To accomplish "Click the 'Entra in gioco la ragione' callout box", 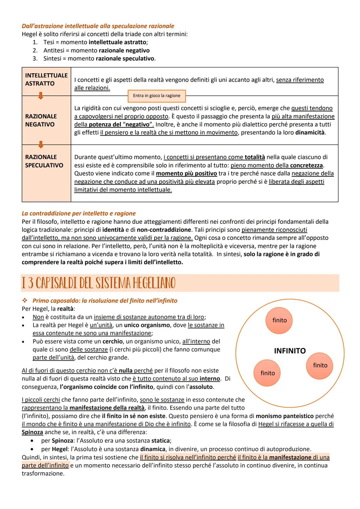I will tap(157, 96).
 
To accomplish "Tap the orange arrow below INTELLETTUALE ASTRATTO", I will tap(40, 96).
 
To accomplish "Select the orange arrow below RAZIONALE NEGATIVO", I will tap(40, 145).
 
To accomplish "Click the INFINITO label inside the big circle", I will tap(290, 351).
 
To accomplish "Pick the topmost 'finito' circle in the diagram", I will tap(279, 320).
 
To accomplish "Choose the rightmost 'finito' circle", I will tap(320, 366).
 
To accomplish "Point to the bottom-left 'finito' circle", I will tap(268, 373).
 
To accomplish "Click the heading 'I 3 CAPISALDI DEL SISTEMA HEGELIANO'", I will tap(98, 283).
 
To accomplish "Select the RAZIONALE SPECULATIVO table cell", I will tap(44, 161).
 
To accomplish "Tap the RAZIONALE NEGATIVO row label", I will tap(41, 120).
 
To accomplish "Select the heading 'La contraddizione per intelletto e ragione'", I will tap(79, 213).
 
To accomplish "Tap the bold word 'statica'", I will tap(161, 441).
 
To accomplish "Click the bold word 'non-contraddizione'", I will tap(164, 230).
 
